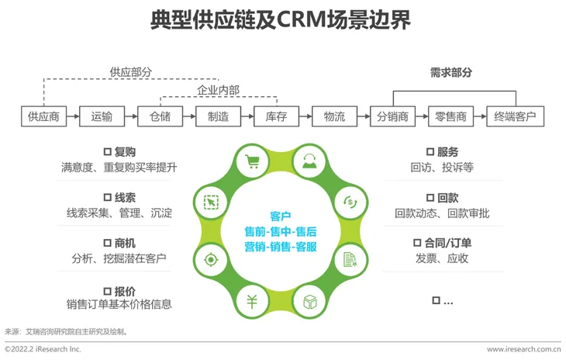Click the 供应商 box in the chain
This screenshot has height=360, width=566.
point(43,117)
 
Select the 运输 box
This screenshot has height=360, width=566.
point(102,117)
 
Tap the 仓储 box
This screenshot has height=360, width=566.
point(160,117)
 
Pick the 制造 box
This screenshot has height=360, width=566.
point(218,117)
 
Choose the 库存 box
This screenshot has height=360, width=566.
point(276,117)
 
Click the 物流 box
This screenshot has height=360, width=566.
point(334,117)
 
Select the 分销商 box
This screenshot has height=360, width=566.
point(392,117)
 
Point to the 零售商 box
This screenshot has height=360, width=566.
point(450,117)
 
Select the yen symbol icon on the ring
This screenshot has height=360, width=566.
point(251,302)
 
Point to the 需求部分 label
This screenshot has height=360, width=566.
point(450,73)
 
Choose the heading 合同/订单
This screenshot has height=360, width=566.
point(448,243)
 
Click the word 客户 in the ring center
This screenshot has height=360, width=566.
point(281,216)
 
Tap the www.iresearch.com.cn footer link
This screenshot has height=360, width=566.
point(524,350)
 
